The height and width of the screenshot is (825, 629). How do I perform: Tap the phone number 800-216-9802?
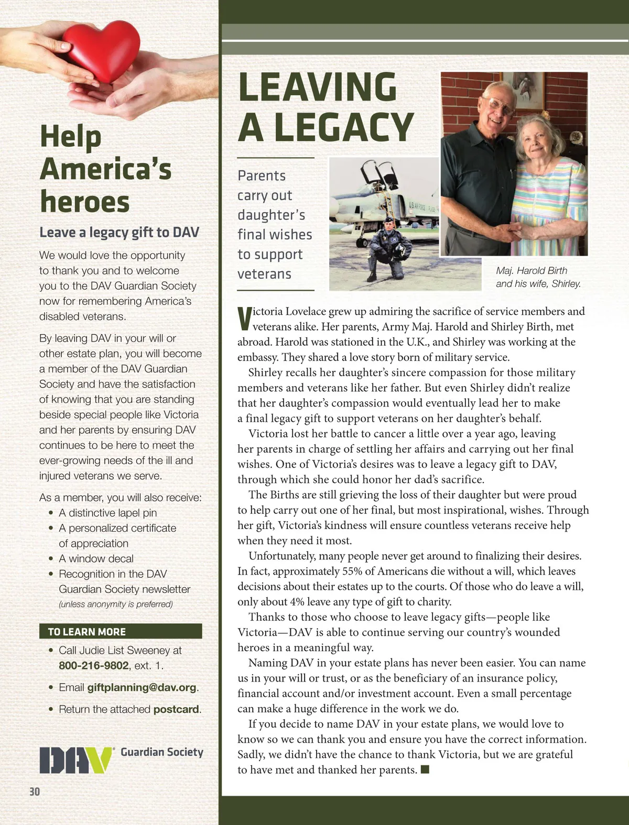[x=93, y=666]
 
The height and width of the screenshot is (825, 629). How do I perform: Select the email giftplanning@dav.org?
[x=142, y=687]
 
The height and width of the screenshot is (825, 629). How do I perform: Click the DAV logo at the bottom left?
[x=77, y=760]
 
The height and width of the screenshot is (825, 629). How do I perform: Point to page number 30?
[x=35, y=791]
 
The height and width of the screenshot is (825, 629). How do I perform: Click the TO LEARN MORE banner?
[x=121, y=632]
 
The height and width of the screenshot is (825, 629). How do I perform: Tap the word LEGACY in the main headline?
[x=344, y=127]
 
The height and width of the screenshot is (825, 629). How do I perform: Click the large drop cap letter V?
[x=244, y=318]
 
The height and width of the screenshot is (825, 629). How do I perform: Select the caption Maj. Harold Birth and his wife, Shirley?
[x=538, y=277]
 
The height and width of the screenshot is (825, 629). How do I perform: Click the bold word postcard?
[x=177, y=709]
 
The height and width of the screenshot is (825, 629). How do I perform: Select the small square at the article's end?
[x=425, y=769]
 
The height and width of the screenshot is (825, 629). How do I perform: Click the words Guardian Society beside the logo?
[x=162, y=752]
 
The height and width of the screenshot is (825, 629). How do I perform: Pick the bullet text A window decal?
[x=96, y=558]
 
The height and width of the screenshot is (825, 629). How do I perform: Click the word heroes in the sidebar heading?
[x=85, y=202]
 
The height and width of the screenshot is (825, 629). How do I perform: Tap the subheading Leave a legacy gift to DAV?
[x=119, y=232]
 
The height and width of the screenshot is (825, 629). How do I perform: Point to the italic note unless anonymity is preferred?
[x=115, y=604]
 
